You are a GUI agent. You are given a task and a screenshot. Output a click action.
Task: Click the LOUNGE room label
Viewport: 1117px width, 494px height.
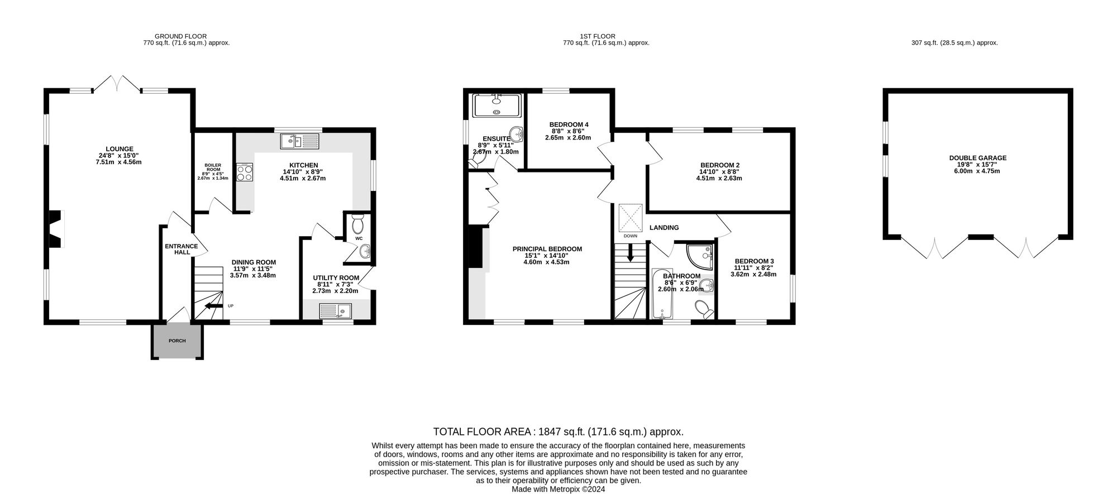click(x=118, y=149)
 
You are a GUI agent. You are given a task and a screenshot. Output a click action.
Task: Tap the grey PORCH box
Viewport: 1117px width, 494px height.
click(x=177, y=340)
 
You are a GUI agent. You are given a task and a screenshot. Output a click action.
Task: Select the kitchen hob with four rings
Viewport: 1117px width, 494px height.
click(x=245, y=172)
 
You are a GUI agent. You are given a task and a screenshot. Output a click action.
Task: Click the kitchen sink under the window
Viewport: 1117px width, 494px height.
click(x=300, y=141)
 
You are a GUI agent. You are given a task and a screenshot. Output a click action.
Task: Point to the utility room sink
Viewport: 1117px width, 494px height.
click(x=336, y=311)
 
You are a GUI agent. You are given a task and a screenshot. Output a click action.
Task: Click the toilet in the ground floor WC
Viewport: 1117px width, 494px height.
click(x=358, y=224)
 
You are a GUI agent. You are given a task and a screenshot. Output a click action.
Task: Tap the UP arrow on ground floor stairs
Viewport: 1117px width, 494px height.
click(x=212, y=305)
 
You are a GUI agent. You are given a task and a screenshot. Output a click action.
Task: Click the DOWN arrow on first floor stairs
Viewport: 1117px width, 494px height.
click(x=631, y=254)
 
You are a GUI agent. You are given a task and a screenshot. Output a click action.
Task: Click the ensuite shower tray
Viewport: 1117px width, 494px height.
click(x=497, y=105)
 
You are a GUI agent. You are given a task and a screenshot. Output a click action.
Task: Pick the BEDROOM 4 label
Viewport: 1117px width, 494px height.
click(x=569, y=124)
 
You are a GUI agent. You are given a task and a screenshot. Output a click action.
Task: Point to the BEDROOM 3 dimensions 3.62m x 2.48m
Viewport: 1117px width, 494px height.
click(x=753, y=274)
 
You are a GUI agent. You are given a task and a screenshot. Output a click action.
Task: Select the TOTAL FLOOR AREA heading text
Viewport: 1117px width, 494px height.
click(x=558, y=431)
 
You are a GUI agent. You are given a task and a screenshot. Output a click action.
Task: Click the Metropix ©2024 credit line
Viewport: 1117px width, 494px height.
click(x=558, y=489)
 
